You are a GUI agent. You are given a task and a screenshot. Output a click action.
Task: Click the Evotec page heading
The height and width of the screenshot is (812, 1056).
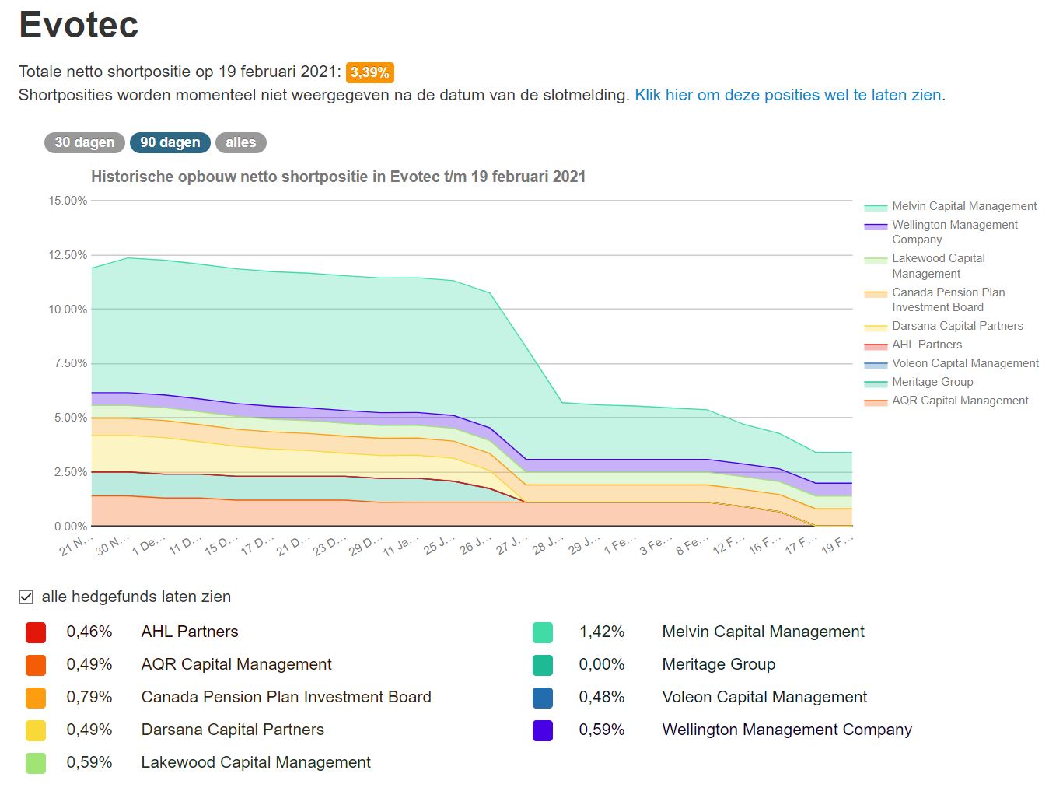pos(79,25)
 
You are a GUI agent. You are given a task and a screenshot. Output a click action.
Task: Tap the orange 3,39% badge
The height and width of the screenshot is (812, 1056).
pos(369,72)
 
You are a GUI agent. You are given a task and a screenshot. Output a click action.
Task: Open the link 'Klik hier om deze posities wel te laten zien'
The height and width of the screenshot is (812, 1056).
pos(788,95)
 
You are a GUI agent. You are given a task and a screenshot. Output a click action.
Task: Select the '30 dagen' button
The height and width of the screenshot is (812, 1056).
pos(84,142)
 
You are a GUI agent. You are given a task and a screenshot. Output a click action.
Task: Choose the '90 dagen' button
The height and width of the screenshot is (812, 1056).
pos(170,142)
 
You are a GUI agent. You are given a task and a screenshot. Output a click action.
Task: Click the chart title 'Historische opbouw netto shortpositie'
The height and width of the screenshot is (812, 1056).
pos(338,177)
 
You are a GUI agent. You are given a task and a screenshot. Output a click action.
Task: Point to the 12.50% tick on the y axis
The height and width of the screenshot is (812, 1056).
pos(68,255)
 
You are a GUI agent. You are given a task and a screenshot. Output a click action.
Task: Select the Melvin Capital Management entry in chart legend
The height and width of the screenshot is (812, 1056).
pos(963,206)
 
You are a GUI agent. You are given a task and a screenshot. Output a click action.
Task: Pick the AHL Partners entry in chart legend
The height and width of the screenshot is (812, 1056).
pos(926,345)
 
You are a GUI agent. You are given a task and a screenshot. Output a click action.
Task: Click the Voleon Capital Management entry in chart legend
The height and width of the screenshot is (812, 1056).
pos(964,363)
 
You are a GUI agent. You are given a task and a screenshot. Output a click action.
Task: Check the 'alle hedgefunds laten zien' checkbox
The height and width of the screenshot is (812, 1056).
pos(26,597)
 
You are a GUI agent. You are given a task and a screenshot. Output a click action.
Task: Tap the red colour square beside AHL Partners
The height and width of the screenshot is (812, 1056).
pos(36,632)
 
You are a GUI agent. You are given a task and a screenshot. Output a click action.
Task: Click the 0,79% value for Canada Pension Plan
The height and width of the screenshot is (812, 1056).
pos(89,697)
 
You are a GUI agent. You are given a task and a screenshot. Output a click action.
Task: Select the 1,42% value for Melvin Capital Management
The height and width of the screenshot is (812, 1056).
pos(601,632)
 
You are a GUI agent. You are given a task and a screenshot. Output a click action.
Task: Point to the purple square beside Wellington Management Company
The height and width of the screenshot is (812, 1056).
pos(543,730)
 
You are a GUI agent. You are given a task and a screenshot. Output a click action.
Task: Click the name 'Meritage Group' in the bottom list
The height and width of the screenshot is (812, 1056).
pos(719,664)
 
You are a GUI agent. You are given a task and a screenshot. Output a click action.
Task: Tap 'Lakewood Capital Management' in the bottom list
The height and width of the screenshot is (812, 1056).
pos(256,762)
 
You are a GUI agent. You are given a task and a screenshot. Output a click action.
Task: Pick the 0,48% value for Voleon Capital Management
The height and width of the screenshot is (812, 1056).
pos(601,697)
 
